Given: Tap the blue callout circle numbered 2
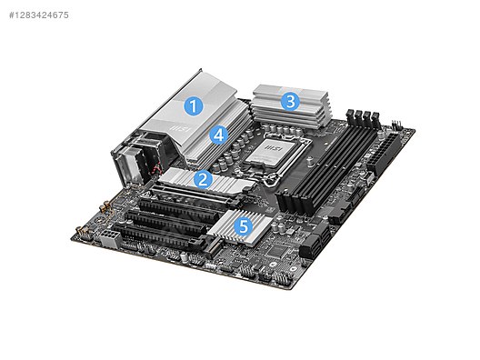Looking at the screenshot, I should [x=205, y=179].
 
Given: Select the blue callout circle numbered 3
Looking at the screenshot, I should [x=289, y=100].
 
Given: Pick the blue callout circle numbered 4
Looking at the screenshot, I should [x=218, y=135].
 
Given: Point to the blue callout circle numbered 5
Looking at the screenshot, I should [x=243, y=224].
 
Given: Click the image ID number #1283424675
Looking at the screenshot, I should [x=37, y=15].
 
